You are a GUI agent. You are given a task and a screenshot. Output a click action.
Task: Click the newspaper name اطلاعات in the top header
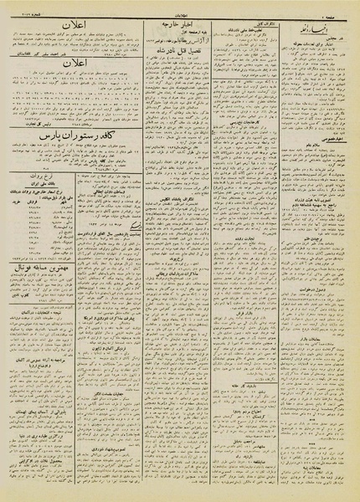[x=180, y=8]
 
